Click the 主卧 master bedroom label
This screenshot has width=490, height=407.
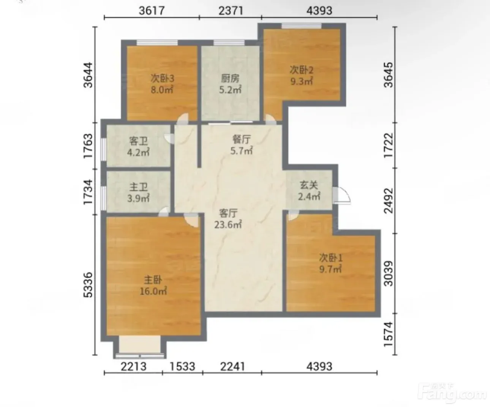pyautogui.click(x=153, y=280)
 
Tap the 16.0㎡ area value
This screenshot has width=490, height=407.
pyautogui.click(x=153, y=291)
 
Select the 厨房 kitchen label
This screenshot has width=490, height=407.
pyautogui.click(x=230, y=78)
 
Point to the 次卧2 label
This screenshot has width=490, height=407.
pyautogui.click(x=302, y=70)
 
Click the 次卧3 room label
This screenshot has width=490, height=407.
pyautogui.click(x=162, y=78)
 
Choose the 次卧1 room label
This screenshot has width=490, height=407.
pyautogui.click(x=331, y=258)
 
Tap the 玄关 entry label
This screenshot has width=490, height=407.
pyautogui.click(x=309, y=185)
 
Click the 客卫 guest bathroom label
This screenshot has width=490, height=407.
pyautogui.click(x=139, y=141)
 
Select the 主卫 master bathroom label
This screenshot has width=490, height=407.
pyautogui.click(x=139, y=187)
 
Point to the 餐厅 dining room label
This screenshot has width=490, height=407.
pyautogui.click(x=242, y=139)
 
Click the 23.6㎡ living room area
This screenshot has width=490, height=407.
pyautogui.click(x=228, y=225)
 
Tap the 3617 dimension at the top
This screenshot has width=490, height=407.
pyautogui.click(x=152, y=11)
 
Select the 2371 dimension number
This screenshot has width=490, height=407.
pyautogui.click(x=231, y=11)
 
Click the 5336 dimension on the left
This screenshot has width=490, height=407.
pyautogui.click(x=88, y=285)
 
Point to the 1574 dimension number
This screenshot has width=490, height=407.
pyautogui.click(x=388, y=334)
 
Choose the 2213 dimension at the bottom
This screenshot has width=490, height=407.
pyautogui.click(x=134, y=367)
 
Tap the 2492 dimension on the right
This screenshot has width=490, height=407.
pyautogui.click(x=388, y=201)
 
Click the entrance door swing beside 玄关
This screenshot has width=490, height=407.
pyautogui.click(x=342, y=195)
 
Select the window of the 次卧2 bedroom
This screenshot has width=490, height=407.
pyautogui.click(x=301, y=26)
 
